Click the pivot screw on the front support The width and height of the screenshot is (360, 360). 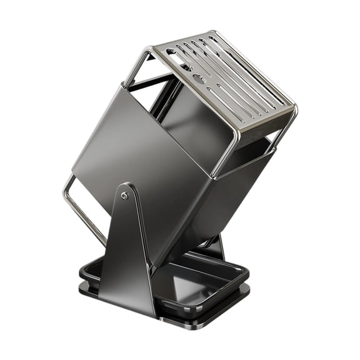[x=125, y=196]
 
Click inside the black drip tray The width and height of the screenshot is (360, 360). [x=200, y=281]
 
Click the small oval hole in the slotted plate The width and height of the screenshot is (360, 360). [x=197, y=79]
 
